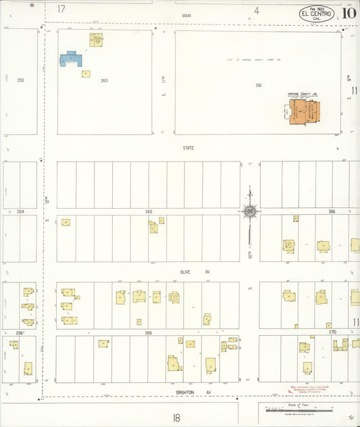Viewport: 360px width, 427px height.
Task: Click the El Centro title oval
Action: coord(316,14)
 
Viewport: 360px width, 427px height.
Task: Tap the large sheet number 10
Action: coord(349,12)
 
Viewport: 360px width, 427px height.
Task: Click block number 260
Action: coord(104,80)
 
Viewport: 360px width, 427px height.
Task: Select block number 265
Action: coord(149,211)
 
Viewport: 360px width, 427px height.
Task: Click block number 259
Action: coord(21,80)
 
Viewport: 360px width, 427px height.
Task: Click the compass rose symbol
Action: coord(249,211)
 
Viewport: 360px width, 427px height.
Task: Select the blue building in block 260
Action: coord(70,59)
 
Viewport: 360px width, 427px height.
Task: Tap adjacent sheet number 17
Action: coord(61,9)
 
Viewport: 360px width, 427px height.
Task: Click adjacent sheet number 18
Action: coord(176,418)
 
